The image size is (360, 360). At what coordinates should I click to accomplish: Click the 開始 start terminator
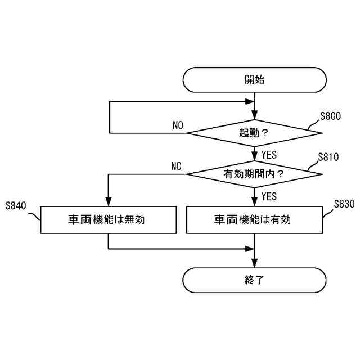point(254,80)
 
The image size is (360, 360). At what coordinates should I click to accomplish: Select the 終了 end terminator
point(254,280)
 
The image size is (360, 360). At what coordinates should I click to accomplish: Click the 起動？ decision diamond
point(254,133)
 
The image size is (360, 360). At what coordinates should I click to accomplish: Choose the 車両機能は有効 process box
point(254,219)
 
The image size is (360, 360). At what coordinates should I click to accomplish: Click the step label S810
point(328,157)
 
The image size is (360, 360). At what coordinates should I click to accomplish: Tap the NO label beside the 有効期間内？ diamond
point(177,166)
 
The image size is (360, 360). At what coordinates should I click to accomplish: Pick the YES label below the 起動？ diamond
point(269,154)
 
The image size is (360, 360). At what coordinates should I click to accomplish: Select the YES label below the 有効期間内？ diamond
point(269,196)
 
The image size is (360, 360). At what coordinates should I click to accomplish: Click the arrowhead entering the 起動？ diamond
point(254,116)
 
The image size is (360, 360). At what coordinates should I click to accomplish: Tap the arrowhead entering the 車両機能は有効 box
point(254,202)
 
